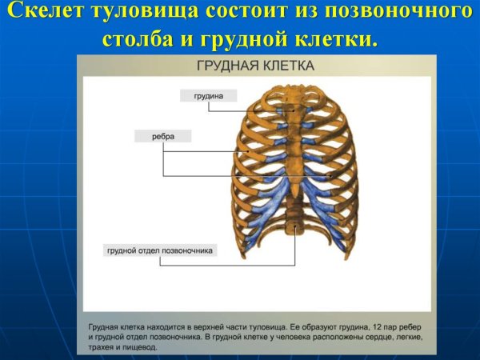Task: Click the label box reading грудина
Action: [208, 95]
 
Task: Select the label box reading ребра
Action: [163, 137]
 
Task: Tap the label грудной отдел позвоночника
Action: [161, 250]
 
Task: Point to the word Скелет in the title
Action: [48, 13]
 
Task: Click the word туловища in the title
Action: [149, 13]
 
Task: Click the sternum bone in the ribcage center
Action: [297, 144]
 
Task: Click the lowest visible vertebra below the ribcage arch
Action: [297, 233]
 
